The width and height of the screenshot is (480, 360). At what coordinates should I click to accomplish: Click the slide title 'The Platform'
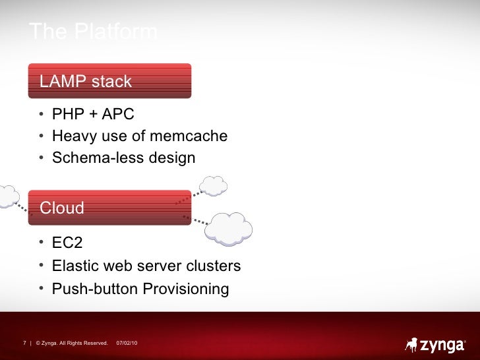click(x=93, y=32)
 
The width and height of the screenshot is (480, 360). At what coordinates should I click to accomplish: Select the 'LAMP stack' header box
click(x=109, y=81)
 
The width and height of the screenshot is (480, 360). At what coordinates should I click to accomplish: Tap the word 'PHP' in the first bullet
click(x=65, y=115)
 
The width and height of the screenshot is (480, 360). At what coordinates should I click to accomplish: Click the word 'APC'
click(x=117, y=115)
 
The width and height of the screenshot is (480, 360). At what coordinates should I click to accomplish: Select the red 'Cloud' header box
click(x=109, y=208)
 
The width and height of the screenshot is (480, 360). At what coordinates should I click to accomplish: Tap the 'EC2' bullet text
click(x=67, y=243)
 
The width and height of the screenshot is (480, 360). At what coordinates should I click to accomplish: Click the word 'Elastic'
click(x=75, y=266)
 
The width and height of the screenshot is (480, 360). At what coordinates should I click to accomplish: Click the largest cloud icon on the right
click(x=229, y=228)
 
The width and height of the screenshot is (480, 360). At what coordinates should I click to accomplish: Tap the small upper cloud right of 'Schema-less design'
click(x=213, y=186)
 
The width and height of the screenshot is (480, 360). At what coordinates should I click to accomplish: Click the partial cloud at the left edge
click(x=7, y=196)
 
